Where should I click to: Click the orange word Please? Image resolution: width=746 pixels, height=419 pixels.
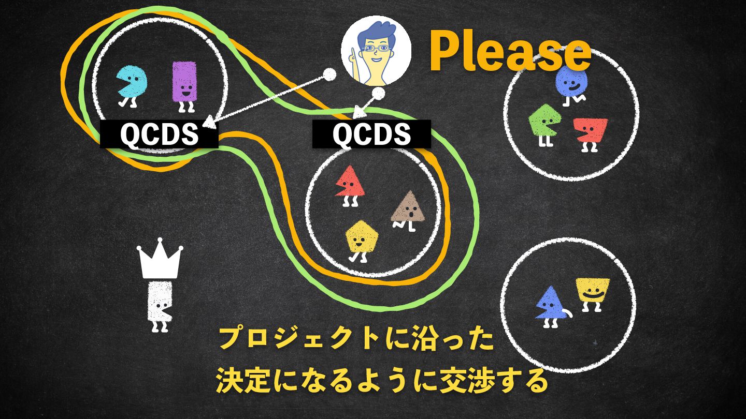tap(510, 52)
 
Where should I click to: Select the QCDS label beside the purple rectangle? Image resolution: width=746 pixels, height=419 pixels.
tap(159, 134)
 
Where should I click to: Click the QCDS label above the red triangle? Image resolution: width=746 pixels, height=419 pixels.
tap(371, 134)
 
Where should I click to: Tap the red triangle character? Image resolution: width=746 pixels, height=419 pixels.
tap(350, 184)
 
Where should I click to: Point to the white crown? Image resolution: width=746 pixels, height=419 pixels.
tap(160, 259)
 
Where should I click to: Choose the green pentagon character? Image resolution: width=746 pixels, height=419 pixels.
tap(542, 121)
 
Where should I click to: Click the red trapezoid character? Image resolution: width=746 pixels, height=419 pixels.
tap(591, 132)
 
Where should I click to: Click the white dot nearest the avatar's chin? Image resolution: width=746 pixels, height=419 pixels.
tap(379, 94)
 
